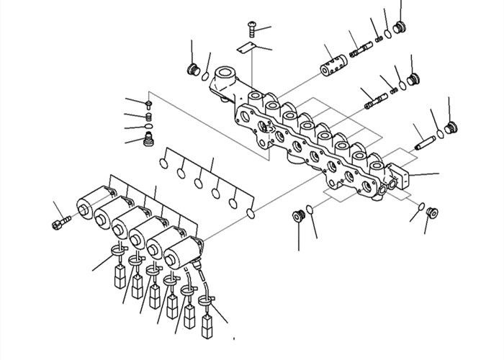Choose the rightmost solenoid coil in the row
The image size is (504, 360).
pos(182,252)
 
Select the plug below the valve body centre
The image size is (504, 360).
pos(295,215)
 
